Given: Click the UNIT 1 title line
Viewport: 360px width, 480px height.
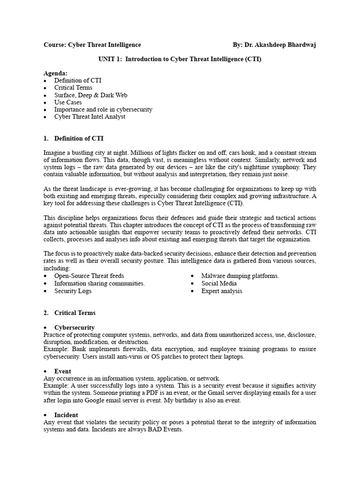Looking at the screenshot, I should tap(180, 60).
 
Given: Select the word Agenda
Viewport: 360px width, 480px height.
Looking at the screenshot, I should tap(55, 74).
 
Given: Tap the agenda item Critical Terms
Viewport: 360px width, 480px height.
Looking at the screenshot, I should tap(73, 88).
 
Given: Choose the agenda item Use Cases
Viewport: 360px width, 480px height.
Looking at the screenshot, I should tap(68, 102).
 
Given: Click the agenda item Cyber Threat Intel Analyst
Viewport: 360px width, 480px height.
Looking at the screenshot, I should tap(90, 117).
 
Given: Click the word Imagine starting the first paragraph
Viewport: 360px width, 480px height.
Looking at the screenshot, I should tap(56, 153).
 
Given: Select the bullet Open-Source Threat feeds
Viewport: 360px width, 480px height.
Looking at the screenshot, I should tap(89, 276).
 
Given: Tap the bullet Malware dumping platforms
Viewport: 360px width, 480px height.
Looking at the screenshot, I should tap(240, 276).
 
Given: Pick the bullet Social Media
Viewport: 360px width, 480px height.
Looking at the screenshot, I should tap(219, 284).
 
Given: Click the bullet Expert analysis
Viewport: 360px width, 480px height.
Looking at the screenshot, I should tap(222, 291).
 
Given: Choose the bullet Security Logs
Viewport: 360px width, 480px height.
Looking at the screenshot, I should tap(73, 291).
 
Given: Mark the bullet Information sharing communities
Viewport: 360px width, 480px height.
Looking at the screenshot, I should tap(99, 284).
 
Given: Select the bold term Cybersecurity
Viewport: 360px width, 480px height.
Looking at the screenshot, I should tap(75, 328).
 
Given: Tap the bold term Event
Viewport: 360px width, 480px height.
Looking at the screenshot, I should tap(63, 371).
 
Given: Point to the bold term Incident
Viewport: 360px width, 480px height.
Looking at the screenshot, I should tap(66, 415).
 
